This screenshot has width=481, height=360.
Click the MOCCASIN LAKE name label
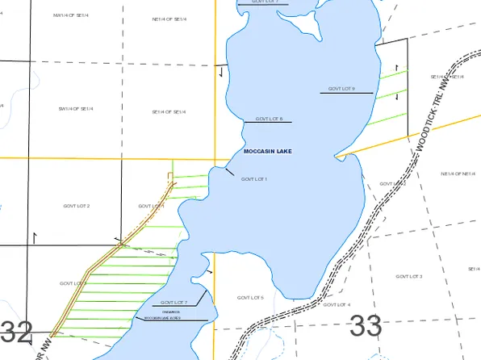tap(267, 151)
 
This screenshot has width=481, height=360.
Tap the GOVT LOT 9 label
tap(342, 88)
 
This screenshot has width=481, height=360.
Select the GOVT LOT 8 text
tap(269, 119)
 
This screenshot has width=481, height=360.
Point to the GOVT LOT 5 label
tap(250, 298)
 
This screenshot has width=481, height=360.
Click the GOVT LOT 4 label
tap(337, 305)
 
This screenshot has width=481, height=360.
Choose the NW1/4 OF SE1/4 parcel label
tap(69, 15)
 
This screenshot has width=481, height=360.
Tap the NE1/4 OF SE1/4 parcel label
tap(169, 19)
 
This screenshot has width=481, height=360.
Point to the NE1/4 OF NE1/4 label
tap(457, 174)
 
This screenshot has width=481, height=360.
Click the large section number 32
tap(16, 330)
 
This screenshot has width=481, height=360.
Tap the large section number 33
tap(365, 326)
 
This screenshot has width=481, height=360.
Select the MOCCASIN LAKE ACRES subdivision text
tap(162, 319)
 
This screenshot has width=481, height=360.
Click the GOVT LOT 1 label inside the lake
tap(253, 178)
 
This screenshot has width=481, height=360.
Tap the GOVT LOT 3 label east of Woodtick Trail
tap(409, 277)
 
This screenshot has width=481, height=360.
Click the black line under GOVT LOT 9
tap(346, 94)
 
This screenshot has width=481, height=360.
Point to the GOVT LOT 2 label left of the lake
tap(77, 207)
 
